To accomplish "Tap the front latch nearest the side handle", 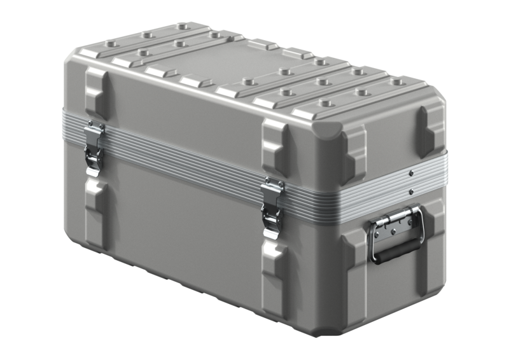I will point(273,207).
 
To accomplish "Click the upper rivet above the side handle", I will point(412,173).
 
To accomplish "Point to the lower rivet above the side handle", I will point(411,191).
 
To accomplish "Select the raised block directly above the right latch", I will point(275,146).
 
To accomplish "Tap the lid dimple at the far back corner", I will point(184,27).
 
